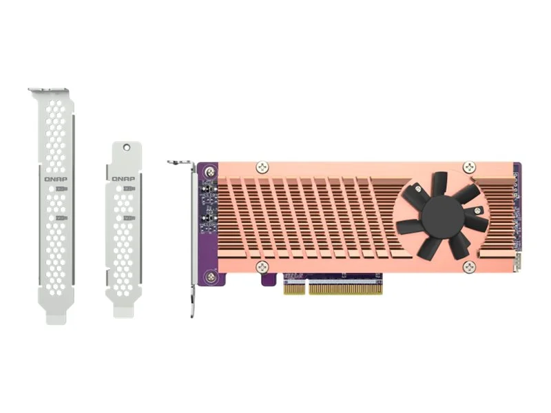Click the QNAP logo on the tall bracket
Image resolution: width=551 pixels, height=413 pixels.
(x=56, y=178)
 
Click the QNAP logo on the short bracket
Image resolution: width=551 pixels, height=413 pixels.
(x=124, y=178)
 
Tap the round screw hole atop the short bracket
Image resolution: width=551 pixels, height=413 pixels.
(x=126, y=147)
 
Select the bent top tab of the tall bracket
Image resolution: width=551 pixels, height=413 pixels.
(x=49, y=91)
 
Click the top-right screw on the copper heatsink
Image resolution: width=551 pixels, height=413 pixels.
(x=469, y=167)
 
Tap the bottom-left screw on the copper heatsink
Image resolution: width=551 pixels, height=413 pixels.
(x=261, y=266)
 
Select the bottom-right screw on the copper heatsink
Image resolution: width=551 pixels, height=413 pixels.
(x=469, y=266)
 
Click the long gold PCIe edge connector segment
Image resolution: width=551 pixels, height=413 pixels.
(x=344, y=288)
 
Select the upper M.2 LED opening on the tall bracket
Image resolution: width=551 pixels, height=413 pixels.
(x=61, y=189)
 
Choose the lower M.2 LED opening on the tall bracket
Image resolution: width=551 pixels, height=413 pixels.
(x=61, y=218)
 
